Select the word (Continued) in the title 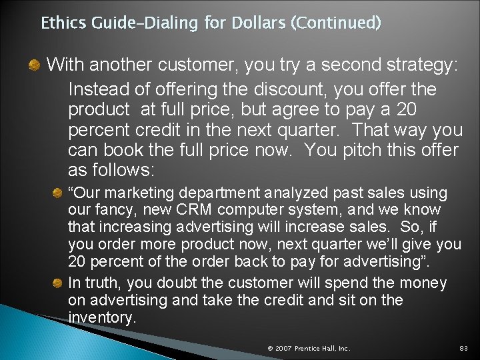335,23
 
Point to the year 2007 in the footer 283,348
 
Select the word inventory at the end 101,318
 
